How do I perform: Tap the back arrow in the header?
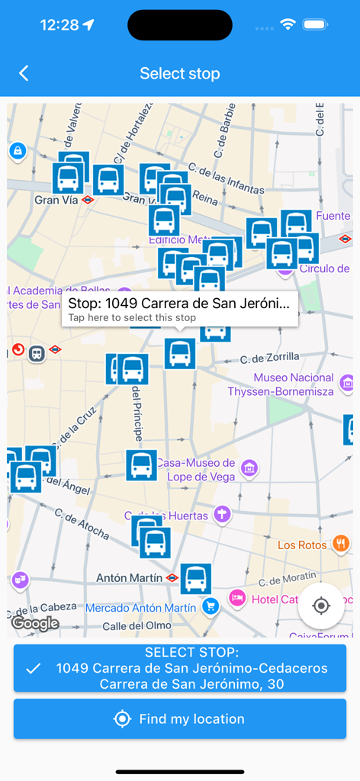(24, 73)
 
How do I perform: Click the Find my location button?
(180, 718)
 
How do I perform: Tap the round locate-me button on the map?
(321, 606)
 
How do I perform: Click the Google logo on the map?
(35, 623)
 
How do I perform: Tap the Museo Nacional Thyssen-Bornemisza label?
(281, 384)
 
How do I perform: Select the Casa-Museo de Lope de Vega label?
(196, 469)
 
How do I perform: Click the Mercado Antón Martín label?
(141, 608)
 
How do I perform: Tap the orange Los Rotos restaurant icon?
(340, 544)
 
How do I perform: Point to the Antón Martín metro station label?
(130, 578)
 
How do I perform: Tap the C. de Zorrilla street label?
(269, 357)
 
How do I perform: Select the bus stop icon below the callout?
(180, 353)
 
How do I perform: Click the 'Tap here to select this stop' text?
(132, 317)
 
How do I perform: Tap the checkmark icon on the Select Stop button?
(33, 668)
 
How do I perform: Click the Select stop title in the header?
(180, 73)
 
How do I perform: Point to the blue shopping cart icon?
(211, 606)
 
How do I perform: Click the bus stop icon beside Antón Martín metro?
(195, 578)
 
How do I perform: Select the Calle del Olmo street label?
(126, 626)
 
